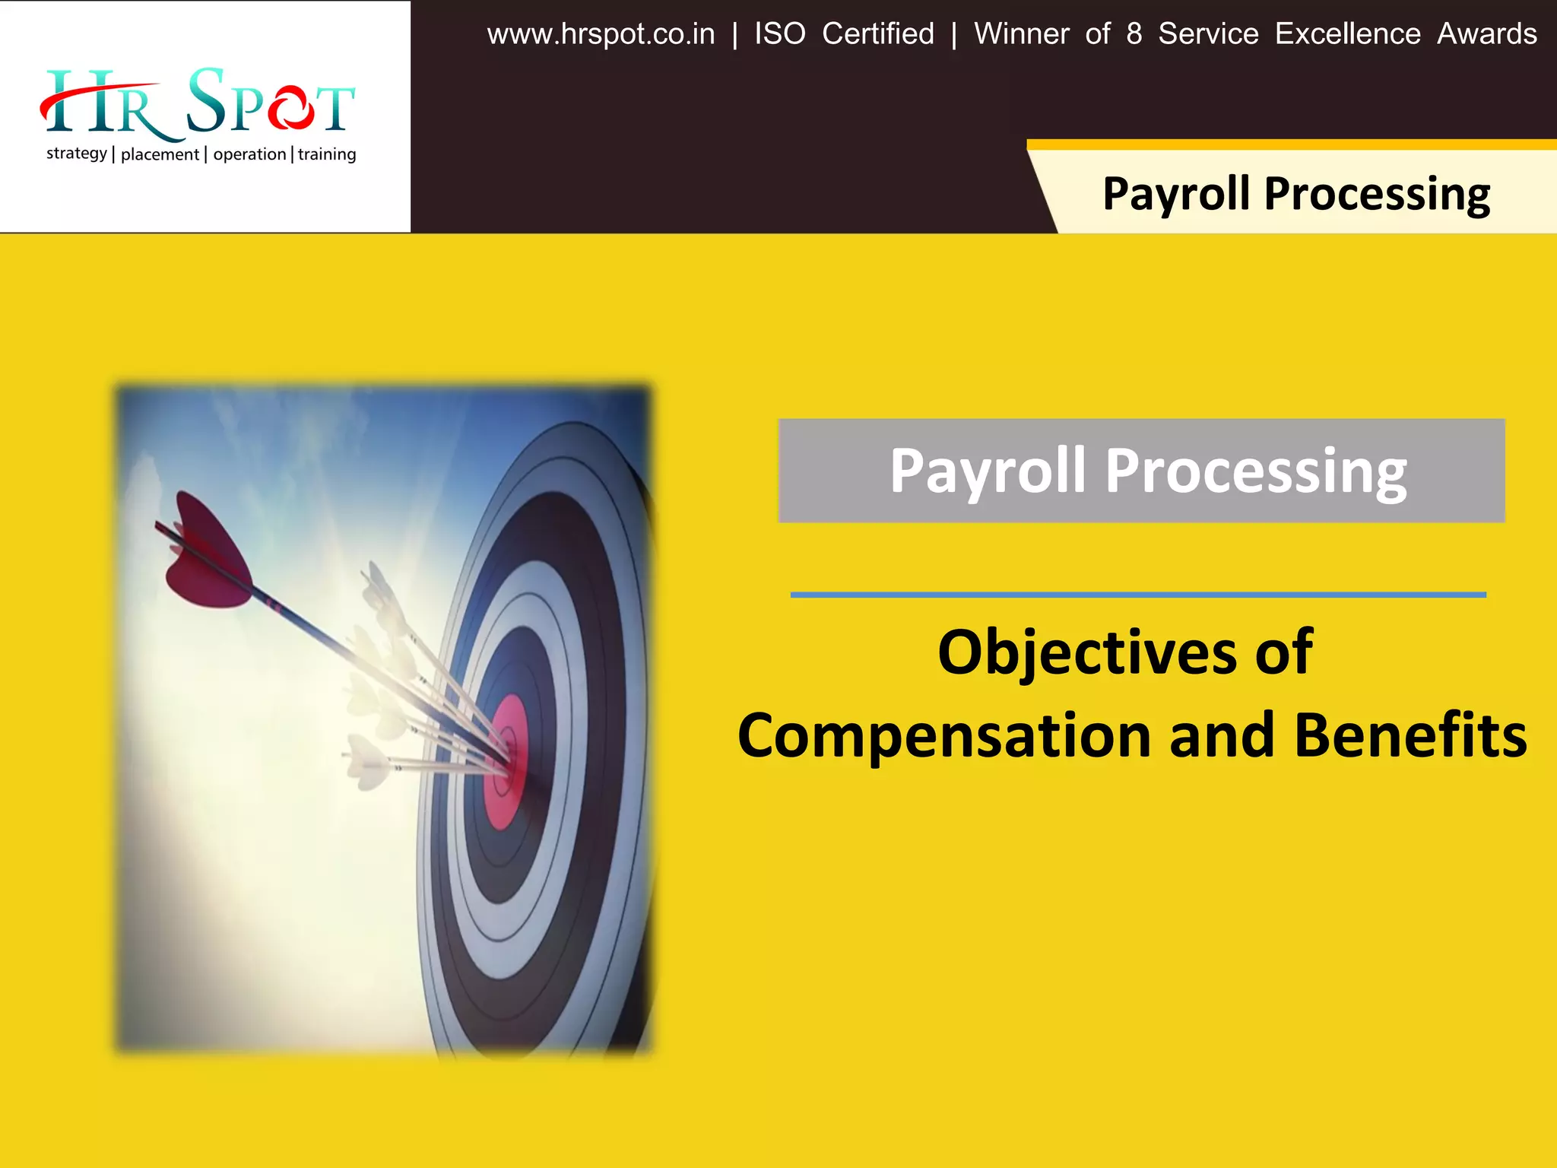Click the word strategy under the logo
76,154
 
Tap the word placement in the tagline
160,154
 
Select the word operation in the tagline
249,154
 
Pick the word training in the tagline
327,154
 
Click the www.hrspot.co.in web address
601,34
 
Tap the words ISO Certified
844,34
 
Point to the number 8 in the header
1134,34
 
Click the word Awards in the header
1486,34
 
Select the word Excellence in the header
1347,34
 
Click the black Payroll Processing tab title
1295,193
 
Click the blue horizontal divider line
1137,595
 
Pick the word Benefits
1410,736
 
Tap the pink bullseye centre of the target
506,760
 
